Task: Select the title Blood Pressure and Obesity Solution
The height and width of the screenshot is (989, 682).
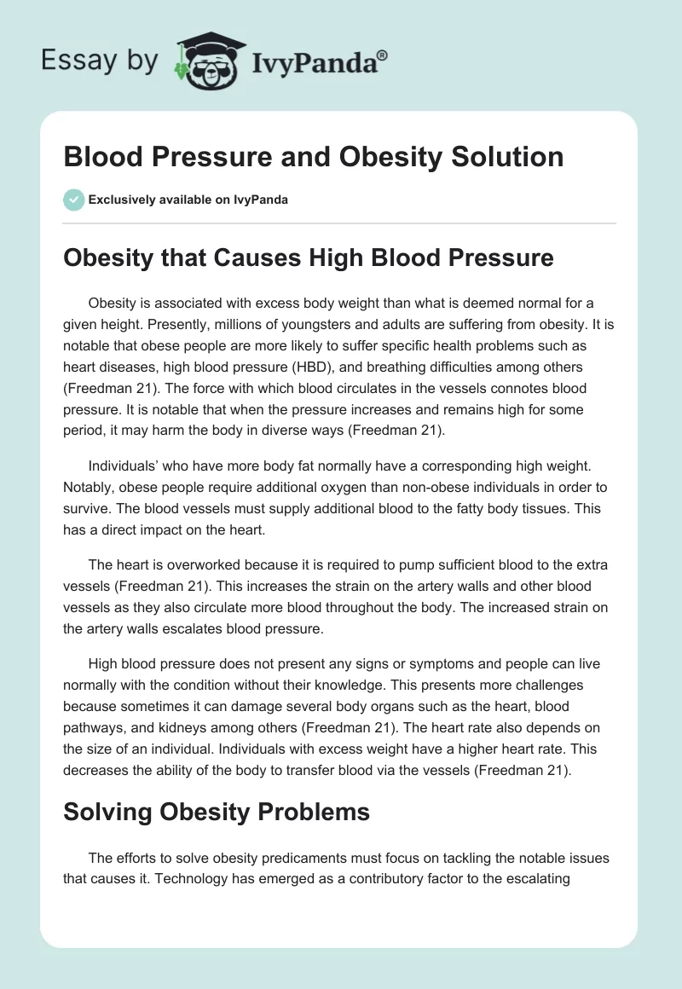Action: [x=313, y=157]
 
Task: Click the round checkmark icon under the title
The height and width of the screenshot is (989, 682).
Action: [x=73, y=200]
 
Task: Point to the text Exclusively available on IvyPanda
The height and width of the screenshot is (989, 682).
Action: [x=188, y=200]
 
